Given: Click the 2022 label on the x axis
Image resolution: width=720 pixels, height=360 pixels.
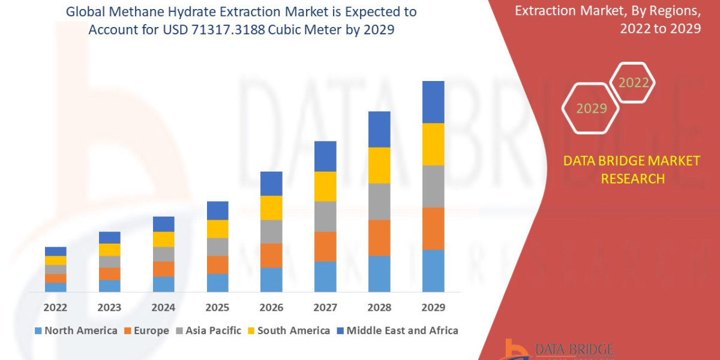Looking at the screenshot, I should pos(55,307).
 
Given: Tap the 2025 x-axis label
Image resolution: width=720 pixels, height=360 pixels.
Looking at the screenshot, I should pos(217,307).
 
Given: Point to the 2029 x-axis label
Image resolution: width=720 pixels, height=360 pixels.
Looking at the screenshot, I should pos(433,307).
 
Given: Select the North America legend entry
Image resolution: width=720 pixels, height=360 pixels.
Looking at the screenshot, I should pos(76,331).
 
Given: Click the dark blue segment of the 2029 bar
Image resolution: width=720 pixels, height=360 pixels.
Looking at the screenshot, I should pos(433,102).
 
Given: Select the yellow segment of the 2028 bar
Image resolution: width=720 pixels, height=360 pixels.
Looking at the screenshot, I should pos(379,165).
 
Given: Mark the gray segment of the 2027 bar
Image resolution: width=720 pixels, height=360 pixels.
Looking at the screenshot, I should pos(325,216).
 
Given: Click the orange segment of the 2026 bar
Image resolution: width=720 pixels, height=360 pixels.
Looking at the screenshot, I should pos(271,256).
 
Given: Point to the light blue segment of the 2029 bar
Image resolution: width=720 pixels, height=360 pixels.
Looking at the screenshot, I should pos(433,271).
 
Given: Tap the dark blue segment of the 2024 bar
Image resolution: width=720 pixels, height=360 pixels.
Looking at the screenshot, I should pos(163,224).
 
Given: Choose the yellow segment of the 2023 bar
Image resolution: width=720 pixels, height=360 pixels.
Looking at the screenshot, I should pos(109,250).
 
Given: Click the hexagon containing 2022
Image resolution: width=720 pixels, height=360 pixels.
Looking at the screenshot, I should pos(633,83).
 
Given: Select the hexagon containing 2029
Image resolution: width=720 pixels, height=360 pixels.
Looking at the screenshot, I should pos(591,109).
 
